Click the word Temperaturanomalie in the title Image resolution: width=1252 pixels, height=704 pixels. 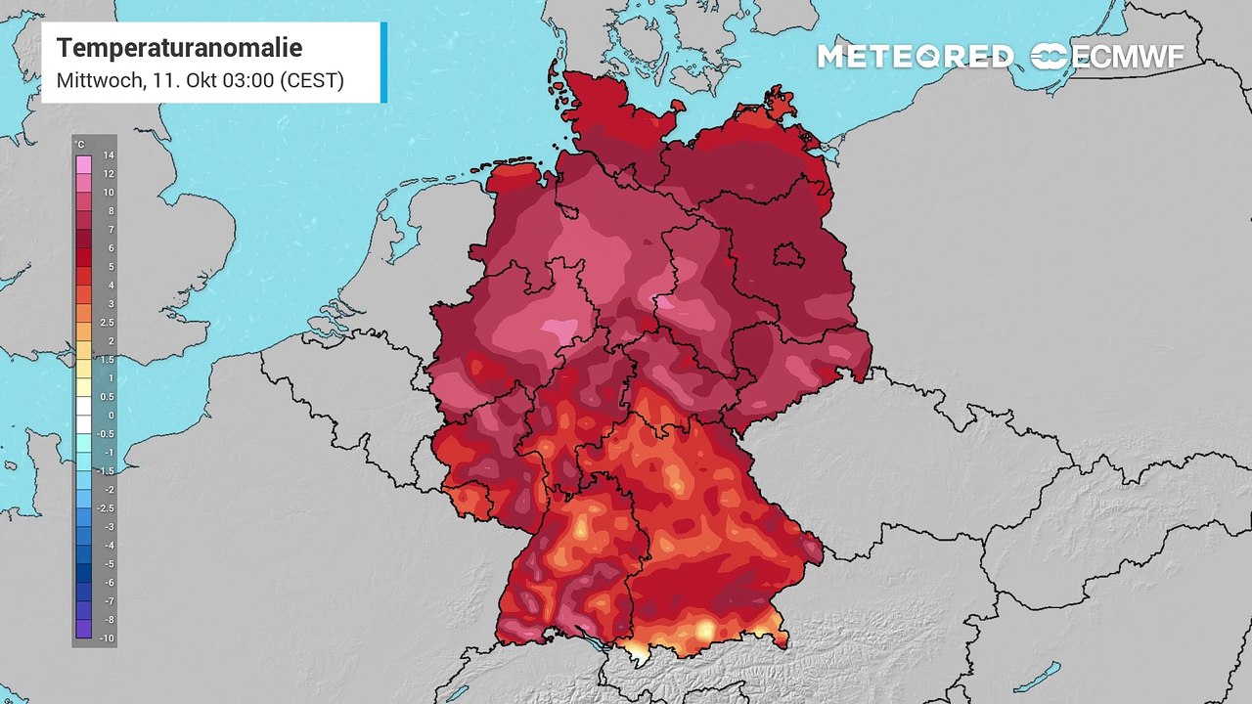179,48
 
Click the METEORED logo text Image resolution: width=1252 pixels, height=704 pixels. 916,57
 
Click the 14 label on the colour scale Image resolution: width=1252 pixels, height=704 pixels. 110,155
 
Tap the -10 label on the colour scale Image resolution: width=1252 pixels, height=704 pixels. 108,638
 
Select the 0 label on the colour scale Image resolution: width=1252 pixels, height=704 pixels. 111,416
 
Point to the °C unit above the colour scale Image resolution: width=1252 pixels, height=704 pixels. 80,144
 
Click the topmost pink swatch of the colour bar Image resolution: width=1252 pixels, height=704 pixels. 83,164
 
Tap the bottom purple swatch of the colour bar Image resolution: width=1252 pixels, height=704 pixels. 83,629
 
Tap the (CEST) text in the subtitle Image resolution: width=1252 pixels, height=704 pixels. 311,80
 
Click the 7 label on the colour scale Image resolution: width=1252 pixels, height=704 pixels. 111,230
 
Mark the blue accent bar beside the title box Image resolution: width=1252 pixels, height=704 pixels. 383,62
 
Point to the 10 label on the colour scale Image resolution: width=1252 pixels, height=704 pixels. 110,193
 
